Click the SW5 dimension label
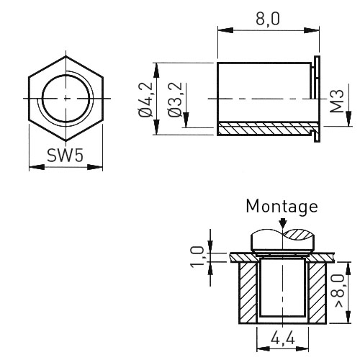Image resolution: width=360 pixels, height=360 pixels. click(x=65, y=155)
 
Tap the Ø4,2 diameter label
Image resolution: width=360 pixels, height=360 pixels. click(x=145, y=99)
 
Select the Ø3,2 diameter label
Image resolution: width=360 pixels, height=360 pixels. click(x=175, y=99)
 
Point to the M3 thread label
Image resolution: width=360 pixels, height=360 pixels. click(x=337, y=101)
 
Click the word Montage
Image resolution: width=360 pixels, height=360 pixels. click(x=282, y=207)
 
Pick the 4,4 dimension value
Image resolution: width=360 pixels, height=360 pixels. click(x=282, y=339)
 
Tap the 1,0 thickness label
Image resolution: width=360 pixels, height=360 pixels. click(x=197, y=257)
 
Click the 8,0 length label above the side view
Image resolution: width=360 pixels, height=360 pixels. click(x=268, y=19)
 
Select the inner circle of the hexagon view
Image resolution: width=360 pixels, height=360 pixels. click(x=66, y=98)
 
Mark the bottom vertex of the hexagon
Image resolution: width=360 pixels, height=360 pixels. click(x=66, y=141)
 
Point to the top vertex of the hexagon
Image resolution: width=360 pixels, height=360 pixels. click(x=66, y=56)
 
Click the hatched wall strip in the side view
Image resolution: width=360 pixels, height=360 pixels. click(x=266, y=129)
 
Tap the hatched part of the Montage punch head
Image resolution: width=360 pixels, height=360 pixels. click(x=299, y=235)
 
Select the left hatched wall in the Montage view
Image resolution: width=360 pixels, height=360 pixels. click(x=248, y=292)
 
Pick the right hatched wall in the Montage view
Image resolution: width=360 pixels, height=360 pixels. click(x=317, y=292)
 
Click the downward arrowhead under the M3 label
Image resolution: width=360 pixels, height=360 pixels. click(x=348, y=118)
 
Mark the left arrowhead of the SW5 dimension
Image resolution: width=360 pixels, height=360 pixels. click(x=37, y=167)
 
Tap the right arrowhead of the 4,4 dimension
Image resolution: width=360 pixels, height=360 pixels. click(x=301, y=348)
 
